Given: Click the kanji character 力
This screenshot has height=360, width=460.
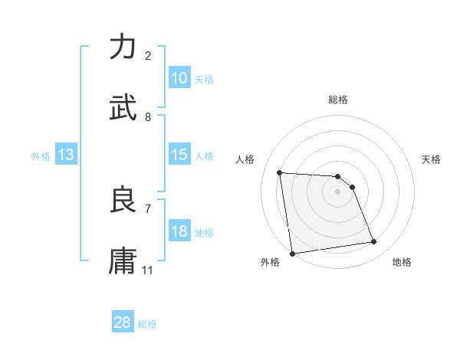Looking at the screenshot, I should [123, 47].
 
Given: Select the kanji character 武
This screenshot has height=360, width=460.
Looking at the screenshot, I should [123, 107].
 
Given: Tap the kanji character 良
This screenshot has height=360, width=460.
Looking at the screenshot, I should [123, 200].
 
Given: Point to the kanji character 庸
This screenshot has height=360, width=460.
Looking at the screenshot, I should [123, 260].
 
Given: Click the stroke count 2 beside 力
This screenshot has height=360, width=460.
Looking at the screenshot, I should [148, 55].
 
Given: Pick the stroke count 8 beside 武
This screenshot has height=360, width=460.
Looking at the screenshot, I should [148, 116].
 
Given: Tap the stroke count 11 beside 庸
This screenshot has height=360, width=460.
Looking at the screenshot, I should [148, 270].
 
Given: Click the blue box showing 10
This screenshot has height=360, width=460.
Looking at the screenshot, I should [179, 78].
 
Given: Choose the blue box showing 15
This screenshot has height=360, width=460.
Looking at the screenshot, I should [179, 155].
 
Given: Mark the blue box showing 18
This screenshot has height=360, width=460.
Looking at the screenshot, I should [179, 231].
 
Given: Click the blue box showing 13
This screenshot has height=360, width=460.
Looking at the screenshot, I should [66, 155].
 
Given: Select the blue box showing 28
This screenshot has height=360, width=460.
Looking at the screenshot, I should [123, 322].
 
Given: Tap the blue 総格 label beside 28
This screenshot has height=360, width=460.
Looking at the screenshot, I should [147, 324].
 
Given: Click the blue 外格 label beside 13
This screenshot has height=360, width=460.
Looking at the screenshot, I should [41, 156].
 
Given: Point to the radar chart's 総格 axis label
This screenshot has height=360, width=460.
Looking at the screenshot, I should [338, 100].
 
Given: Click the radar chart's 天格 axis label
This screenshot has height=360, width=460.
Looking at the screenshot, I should [432, 159].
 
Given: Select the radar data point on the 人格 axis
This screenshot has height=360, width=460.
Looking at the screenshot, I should [280, 172].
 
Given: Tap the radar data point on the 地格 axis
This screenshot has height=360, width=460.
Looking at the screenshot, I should [374, 242].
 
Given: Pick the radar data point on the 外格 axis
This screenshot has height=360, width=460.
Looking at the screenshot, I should [292, 254].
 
